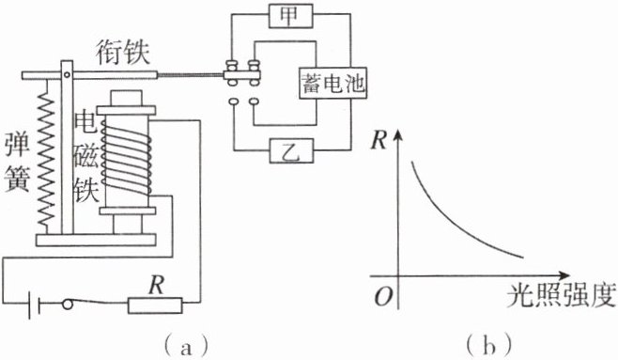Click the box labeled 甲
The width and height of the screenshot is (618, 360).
[291, 16]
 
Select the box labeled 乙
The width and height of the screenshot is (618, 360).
[292, 150]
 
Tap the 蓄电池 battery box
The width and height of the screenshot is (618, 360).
[333, 84]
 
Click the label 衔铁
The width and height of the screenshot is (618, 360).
[123, 53]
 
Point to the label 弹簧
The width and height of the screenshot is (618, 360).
[17, 162]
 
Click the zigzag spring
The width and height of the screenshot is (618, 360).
[46, 157]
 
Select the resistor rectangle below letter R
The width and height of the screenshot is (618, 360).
[155, 305]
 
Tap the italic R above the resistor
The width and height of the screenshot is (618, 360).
[157, 285]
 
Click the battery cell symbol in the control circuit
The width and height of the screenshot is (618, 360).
[35, 305]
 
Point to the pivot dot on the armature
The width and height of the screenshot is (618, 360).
[67, 74]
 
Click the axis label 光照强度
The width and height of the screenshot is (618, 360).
[562, 295]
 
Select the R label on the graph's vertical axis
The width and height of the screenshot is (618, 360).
[379, 139]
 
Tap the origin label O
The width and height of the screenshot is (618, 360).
[383, 296]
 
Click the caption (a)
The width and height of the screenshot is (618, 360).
[186, 346]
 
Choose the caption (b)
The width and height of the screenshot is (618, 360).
[488, 346]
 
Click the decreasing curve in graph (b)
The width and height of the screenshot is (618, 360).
[449, 220]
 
